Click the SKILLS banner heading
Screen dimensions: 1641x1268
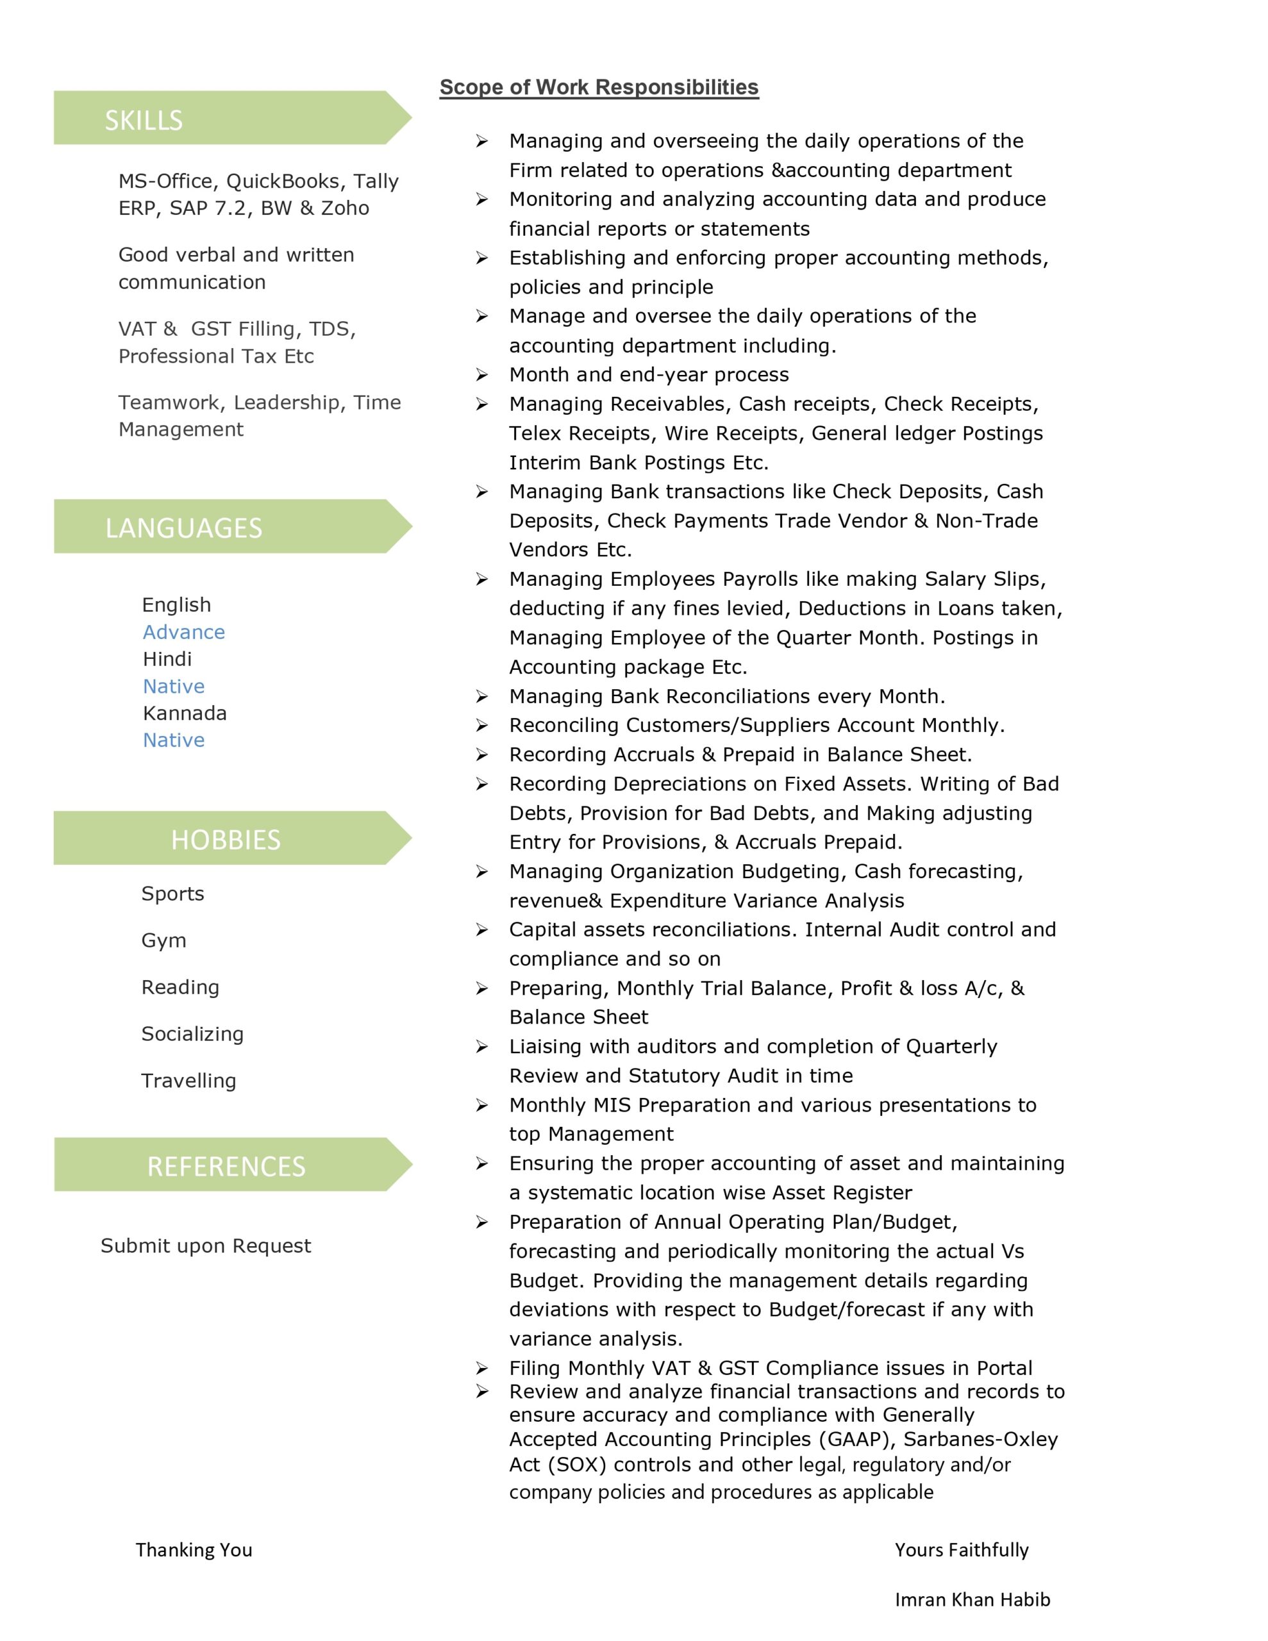(144, 121)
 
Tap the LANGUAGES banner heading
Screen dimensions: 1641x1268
(183, 528)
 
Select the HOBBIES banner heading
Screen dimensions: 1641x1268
(226, 839)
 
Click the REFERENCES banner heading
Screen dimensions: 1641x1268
(226, 1166)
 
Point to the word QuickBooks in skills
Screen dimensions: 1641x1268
(283, 181)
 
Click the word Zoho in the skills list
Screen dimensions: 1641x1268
(345, 208)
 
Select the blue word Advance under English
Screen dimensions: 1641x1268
(183, 632)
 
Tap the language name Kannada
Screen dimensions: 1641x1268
(184, 713)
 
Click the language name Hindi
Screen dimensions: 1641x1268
(167, 659)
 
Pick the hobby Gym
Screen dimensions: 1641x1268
(163, 941)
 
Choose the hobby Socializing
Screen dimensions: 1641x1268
(192, 1034)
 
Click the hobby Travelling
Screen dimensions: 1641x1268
(188, 1081)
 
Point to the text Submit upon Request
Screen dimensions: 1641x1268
(205, 1245)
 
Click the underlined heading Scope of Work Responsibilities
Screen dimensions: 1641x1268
(599, 87)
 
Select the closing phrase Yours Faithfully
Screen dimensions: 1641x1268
(962, 1549)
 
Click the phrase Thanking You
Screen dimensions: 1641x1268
(194, 1549)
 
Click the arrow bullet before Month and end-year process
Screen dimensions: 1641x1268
(482, 375)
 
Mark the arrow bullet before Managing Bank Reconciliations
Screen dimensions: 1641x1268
(482, 697)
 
